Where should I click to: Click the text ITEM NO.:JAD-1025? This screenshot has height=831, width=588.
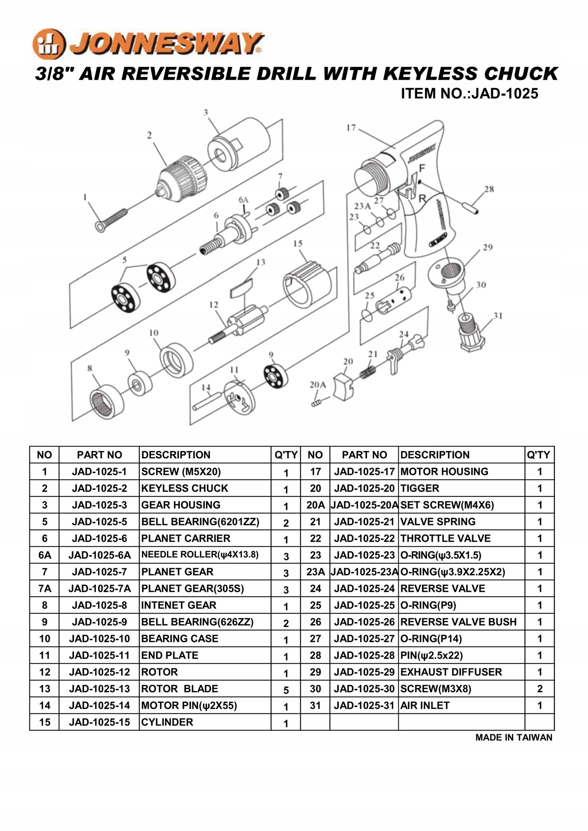(469, 93)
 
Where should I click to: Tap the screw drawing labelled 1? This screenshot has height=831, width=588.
(112, 220)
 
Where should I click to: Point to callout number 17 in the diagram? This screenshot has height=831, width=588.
(351, 128)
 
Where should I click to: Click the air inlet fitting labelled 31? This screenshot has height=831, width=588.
(472, 333)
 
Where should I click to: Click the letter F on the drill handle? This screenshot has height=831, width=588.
(422, 168)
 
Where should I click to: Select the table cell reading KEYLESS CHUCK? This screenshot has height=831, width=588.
(184, 488)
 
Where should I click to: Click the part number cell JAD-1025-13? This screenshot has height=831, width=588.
(99, 689)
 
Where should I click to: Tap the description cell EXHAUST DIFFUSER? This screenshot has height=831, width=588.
(451, 672)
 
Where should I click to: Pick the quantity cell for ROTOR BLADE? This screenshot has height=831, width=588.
(286, 690)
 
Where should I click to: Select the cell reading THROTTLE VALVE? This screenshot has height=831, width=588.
(445, 539)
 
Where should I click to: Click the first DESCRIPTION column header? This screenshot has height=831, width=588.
(176, 455)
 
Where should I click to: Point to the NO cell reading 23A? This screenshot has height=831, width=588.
(315, 572)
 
